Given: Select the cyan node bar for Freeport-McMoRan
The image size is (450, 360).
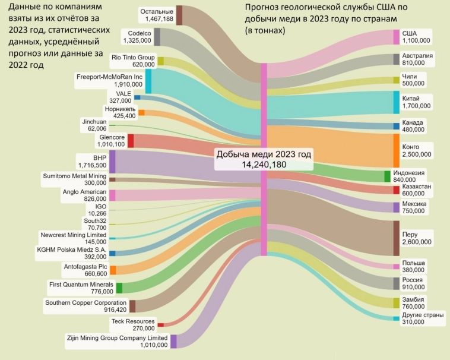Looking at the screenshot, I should click(x=148, y=81).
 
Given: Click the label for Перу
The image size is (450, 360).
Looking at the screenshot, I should click(x=409, y=234).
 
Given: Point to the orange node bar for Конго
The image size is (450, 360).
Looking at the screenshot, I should click(x=396, y=150).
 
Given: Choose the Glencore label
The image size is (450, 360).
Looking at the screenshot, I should click(x=112, y=137).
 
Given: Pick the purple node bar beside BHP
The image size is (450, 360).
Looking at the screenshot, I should click(x=112, y=162).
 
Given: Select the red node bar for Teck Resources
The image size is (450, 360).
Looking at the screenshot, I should click(x=160, y=324).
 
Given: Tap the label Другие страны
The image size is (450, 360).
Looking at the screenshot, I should click(x=422, y=314).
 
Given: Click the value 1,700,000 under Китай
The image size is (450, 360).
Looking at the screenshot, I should click(x=416, y=106).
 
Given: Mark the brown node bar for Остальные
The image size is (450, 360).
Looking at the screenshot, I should click(x=179, y=15).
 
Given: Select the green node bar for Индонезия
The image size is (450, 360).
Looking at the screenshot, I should click(x=387, y=176).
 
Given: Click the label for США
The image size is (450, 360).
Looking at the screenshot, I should click(x=410, y=33).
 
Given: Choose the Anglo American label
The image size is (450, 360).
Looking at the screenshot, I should click(x=84, y=192).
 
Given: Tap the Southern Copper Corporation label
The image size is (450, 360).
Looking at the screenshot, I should click(x=86, y=302).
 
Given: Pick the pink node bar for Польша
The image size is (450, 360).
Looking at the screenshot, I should click(x=396, y=266).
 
